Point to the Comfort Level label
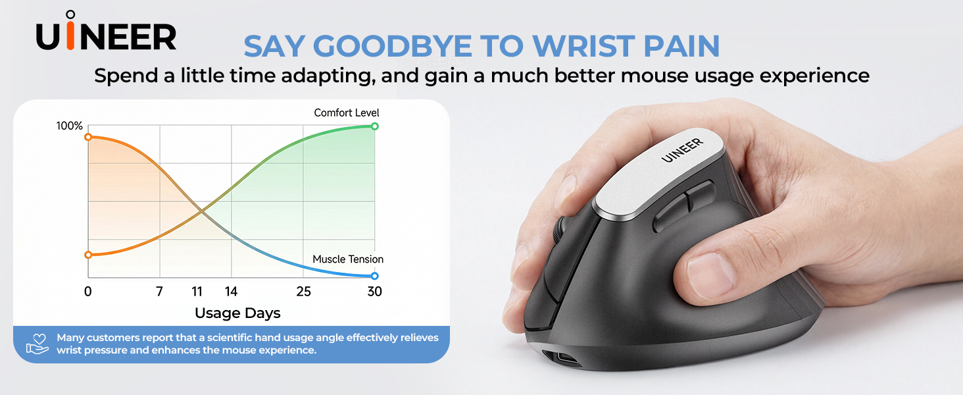click(347, 113)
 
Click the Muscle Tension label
click(348, 259)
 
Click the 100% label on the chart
click(70, 126)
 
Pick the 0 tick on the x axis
click(88, 292)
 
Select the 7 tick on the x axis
click(159, 292)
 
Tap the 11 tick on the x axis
click(197, 292)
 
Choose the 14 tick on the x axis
click(231, 292)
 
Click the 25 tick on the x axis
click(303, 292)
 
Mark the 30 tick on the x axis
click(374, 292)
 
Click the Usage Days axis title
click(237, 313)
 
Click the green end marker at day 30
click(375, 126)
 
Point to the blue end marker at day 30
click(375, 276)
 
